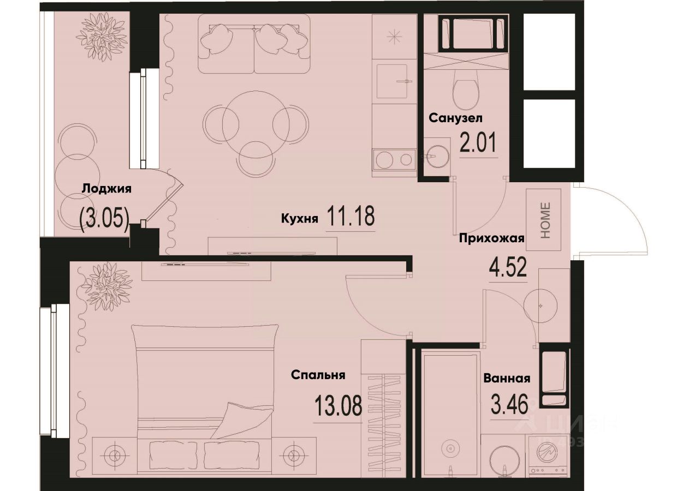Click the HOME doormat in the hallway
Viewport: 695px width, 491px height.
[x=544, y=220]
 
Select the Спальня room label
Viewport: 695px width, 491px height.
[x=318, y=375]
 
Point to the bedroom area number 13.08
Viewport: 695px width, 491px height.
[x=338, y=406]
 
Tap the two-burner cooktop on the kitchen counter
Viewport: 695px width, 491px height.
[x=394, y=160]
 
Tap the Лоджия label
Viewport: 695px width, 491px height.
[x=107, y=189]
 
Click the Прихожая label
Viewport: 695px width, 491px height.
[x=491, y=238]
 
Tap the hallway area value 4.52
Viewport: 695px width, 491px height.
[x=507, y=268]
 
